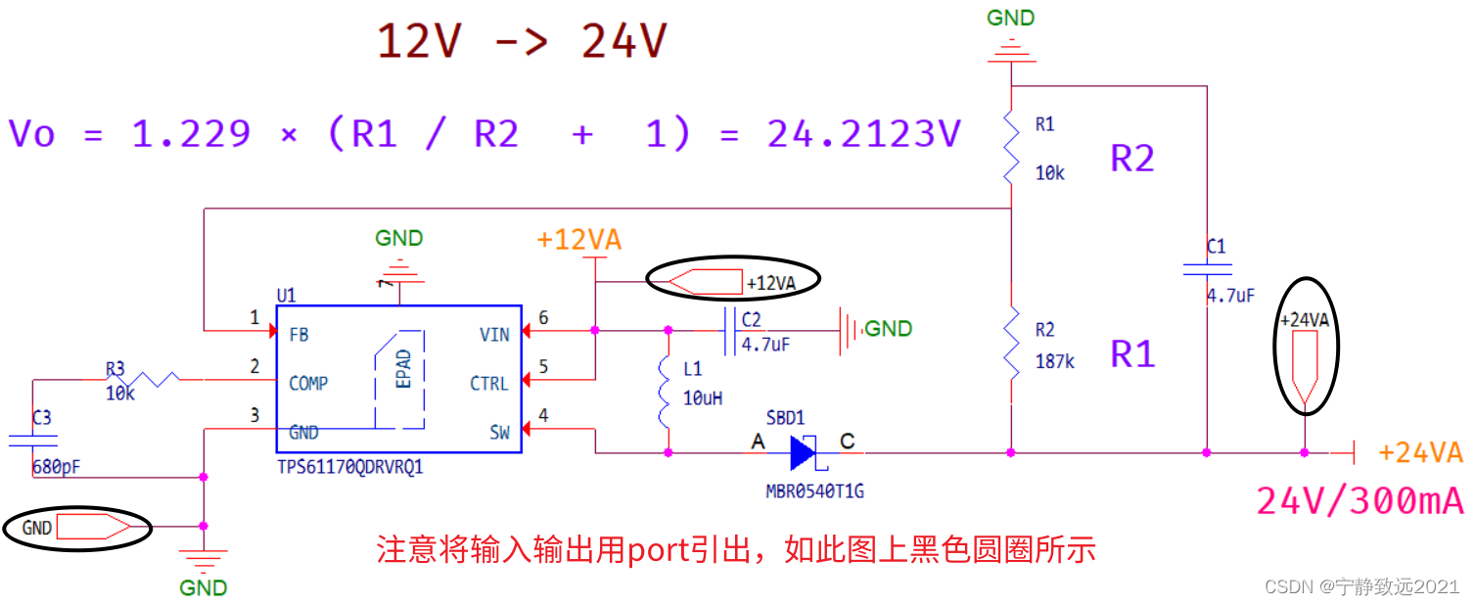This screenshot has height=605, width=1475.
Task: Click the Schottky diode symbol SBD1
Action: (x=803, y=452)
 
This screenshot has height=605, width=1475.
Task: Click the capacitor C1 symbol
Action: (x=1206, y=270)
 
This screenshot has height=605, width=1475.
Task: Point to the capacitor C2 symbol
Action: (x=729, y=331)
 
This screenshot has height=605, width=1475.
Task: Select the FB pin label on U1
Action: (x=300, y=335)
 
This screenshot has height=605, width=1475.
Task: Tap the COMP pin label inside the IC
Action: (x=308, y=384)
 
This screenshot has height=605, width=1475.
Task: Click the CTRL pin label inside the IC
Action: (x=488, y=384)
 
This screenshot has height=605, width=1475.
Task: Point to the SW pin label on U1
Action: (x=499, y=433)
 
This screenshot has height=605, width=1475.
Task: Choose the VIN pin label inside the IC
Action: (x=494, y=335)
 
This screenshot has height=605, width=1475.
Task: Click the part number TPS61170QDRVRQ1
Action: (x=350, y=468)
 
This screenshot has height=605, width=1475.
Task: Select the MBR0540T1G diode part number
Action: (x=814, y=490)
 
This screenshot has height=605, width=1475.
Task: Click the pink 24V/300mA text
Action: (x=1360, y=501)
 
